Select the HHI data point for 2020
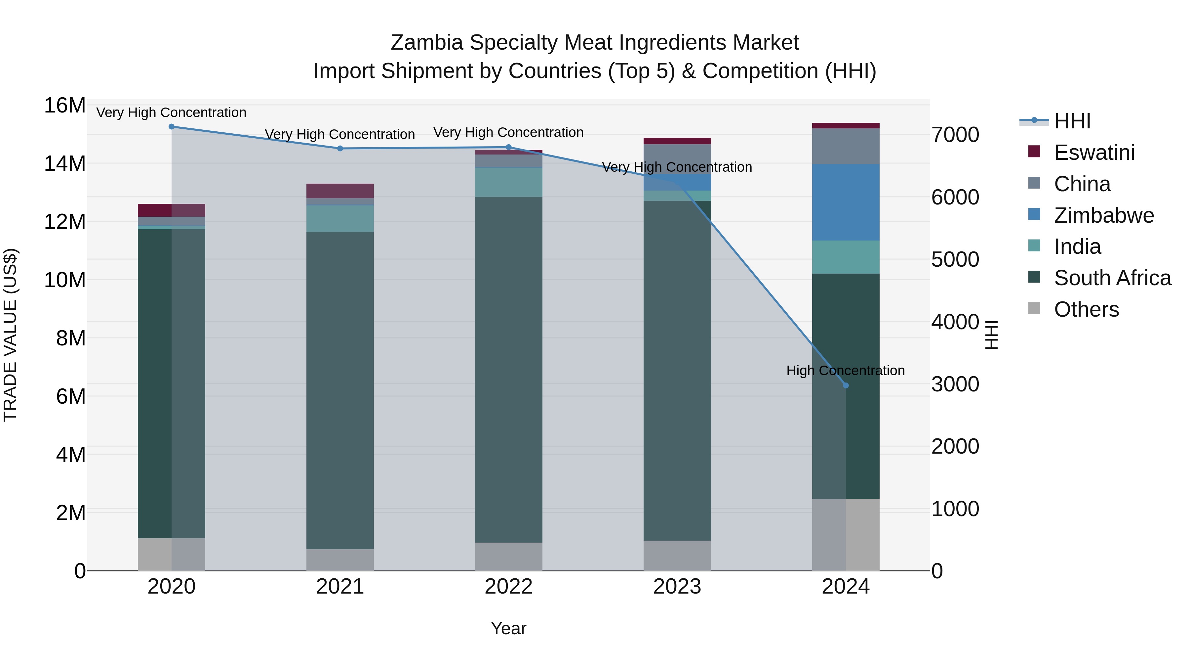(x=171, y=126)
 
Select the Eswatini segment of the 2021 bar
(x=340, y=191)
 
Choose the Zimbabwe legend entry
(x=1104, y=215)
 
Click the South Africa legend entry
(x=1112, y=278)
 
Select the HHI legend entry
(x=1072, y=121)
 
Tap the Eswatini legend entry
(x=1093, y=153)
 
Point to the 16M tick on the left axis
(x=65, y=106)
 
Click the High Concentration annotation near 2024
(x=845, y=370)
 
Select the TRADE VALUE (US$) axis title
(x=10, y=335)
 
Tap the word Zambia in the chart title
(x=426, y=43)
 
